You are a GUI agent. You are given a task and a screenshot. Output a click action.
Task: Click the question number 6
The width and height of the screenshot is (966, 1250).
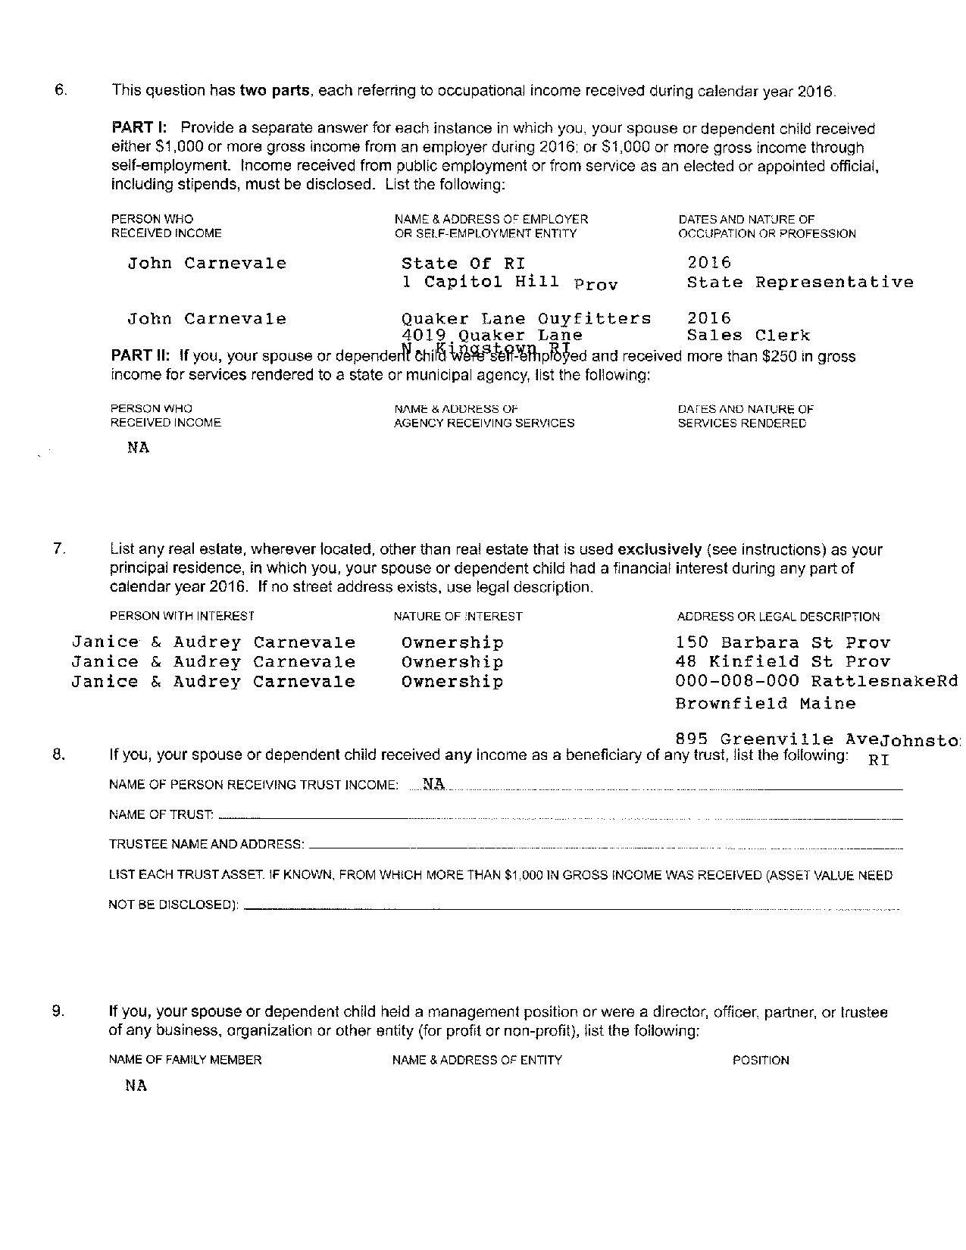[x=61, y=89]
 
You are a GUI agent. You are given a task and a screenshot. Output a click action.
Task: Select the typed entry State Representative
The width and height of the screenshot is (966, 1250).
[x=799, y=283]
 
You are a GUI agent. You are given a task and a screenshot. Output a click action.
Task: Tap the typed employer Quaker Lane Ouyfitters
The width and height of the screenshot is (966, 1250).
[x=526, y=318]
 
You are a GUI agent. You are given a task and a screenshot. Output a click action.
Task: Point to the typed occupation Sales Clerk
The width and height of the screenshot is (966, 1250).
[x=748, y=336]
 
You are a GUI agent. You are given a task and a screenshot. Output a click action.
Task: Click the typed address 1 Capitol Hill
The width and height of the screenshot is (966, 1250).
[x=480, y=282]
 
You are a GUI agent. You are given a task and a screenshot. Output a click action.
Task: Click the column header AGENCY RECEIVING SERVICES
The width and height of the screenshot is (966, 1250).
[x=483, y=423]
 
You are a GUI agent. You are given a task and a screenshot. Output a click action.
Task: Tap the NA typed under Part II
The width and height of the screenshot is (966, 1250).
[x=138, y=448]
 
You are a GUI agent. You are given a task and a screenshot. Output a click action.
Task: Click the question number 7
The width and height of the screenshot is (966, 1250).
[x=59, y=549]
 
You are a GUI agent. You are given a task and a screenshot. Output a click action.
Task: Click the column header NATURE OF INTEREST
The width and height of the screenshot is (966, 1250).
[x=458, y=617]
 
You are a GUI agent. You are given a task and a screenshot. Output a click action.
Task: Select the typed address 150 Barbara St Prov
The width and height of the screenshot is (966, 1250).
[x=783, y=643]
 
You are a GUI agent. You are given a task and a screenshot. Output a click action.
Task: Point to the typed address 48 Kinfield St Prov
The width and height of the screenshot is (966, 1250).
[x=783, y=662]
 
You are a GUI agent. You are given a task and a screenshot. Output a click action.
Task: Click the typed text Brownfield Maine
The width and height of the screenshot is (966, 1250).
[x=765, y=704]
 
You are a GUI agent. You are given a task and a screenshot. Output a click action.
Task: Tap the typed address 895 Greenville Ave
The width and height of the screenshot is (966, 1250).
[x=777, y=739]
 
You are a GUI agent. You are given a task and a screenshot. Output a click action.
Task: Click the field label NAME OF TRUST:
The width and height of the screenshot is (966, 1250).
[x=161, y=815]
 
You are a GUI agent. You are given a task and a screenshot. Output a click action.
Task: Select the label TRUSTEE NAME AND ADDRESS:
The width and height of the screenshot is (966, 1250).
[x=206, y=844]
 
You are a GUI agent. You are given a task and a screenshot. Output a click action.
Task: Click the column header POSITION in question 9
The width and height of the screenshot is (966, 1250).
[x=760, y=1060]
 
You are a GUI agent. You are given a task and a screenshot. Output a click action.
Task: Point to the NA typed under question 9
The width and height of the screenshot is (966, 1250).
[x=136, y=1086]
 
